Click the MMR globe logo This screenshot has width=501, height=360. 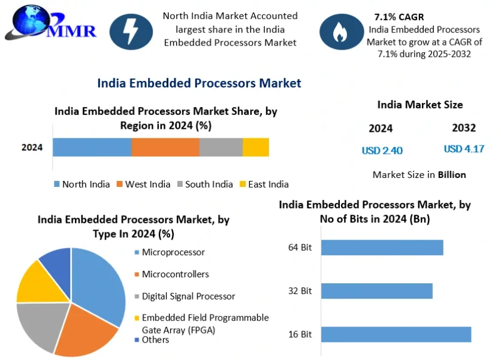pyautogui.click(x=50, y=23)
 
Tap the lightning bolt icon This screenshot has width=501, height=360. pyautogui.click(x=131, y=32)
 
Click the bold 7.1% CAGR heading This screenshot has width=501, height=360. pyautogui.click(x=399, y=17)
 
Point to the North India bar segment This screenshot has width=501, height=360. pyautogui.click(x=92, y=147)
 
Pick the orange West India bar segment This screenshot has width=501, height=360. pyautogui.click(x=165, y=147)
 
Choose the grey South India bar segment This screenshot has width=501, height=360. pyautogui.click(x=221, y=147)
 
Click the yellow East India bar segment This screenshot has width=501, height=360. pyautogui.click(x=256, y=147)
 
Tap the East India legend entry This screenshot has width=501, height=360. pyautogui.click(x=264, y=184)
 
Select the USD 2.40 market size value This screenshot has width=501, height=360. pyautogui.click(x=382, y=150)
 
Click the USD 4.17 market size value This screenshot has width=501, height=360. pyautogui.click(x=464, y=149)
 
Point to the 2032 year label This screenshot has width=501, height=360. pyautogui.click(x=464, y=128)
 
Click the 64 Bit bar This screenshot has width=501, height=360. pyautogui.click(x=382, y=247)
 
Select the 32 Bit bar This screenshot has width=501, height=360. pyautogui.click(x=377, y=291)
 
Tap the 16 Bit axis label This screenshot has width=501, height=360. pyautogui.click(x=300, y=334)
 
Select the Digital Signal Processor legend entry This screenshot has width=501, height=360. pyautogui.click(x=185, y=296)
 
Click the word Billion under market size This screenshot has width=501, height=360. pyautogui.click(x=452, y=175)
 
